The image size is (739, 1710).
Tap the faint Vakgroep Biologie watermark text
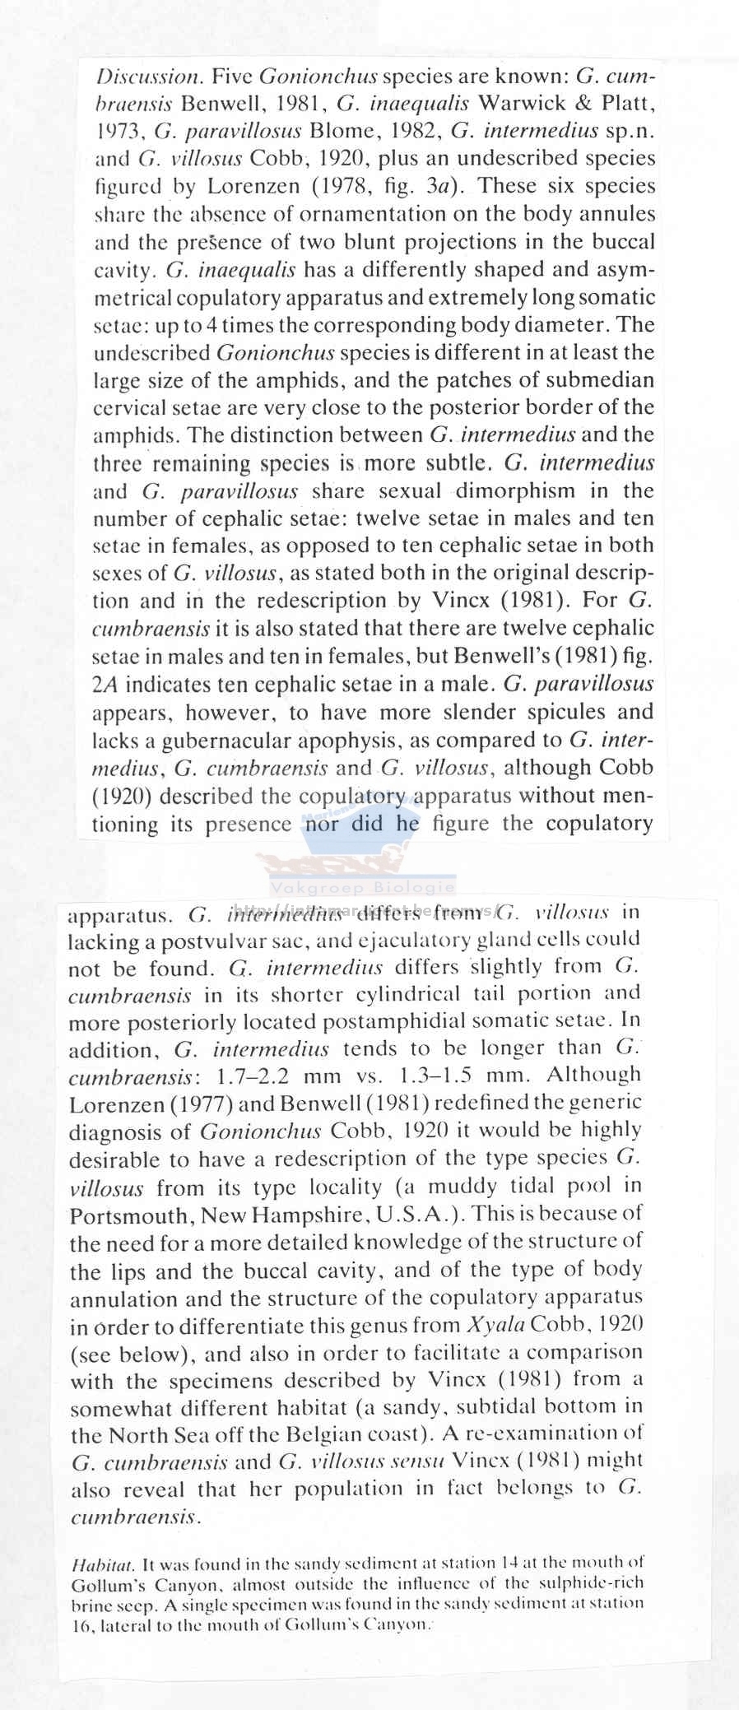(362, 888)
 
